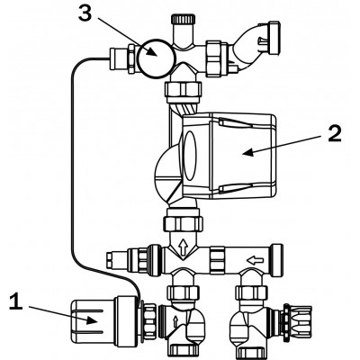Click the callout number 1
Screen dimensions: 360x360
click(x=15, y=301)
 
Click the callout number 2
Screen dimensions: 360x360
click(x=335, y=133)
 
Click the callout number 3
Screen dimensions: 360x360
click(x=85, y=13)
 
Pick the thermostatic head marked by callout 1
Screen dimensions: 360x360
click(x=103, y=321)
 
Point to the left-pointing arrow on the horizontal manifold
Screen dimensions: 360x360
click(x=255, y=259)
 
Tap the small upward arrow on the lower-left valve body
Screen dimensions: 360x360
click(x=176, y=321)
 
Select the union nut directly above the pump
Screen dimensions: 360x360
click(x=184, y=92)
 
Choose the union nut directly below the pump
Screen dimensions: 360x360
click(x=183, y=222)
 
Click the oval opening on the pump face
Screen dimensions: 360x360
click(x=190, y=155)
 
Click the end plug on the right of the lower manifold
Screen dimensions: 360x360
click(x=276, y=260)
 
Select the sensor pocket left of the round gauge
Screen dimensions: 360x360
click(x=120, y=58)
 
